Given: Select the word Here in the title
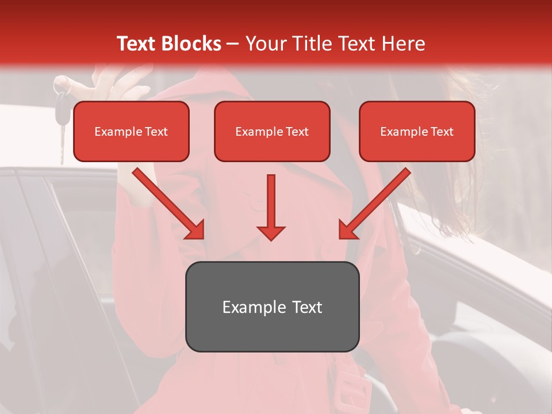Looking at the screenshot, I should click(x=404, y=44).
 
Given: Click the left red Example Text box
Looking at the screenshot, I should click(x=131, y=132).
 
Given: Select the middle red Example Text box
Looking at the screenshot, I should click(x=272, y=132).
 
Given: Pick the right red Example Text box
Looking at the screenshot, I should click(x=417, y=132).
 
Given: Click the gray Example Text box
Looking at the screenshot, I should click(x=272, y=307).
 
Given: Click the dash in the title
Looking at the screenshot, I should click(x=233, y=44).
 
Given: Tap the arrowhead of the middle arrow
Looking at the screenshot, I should click(x=271, y=232).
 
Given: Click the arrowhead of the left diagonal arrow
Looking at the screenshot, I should click(x=195, y=230).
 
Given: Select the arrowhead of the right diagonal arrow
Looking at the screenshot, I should click(x=347, y=230).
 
